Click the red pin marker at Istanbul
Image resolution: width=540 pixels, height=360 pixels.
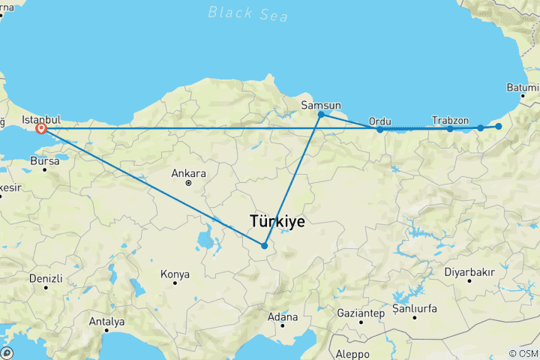pos(41,128)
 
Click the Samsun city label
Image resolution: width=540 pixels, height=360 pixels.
pos(321,104)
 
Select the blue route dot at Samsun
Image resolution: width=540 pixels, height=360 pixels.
pos(321,115)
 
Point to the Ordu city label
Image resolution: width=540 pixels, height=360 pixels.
pos(380,121)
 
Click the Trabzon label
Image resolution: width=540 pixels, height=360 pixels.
pos(451,120)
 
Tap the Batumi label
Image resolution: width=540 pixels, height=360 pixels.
pos(523,88)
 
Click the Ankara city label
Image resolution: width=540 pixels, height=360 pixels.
pos(188,173)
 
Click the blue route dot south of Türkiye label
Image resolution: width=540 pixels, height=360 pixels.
pos(265,245)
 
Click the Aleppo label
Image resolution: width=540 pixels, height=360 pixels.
pos(352,353)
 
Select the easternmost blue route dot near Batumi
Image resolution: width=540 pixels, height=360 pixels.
pos(499,127)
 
